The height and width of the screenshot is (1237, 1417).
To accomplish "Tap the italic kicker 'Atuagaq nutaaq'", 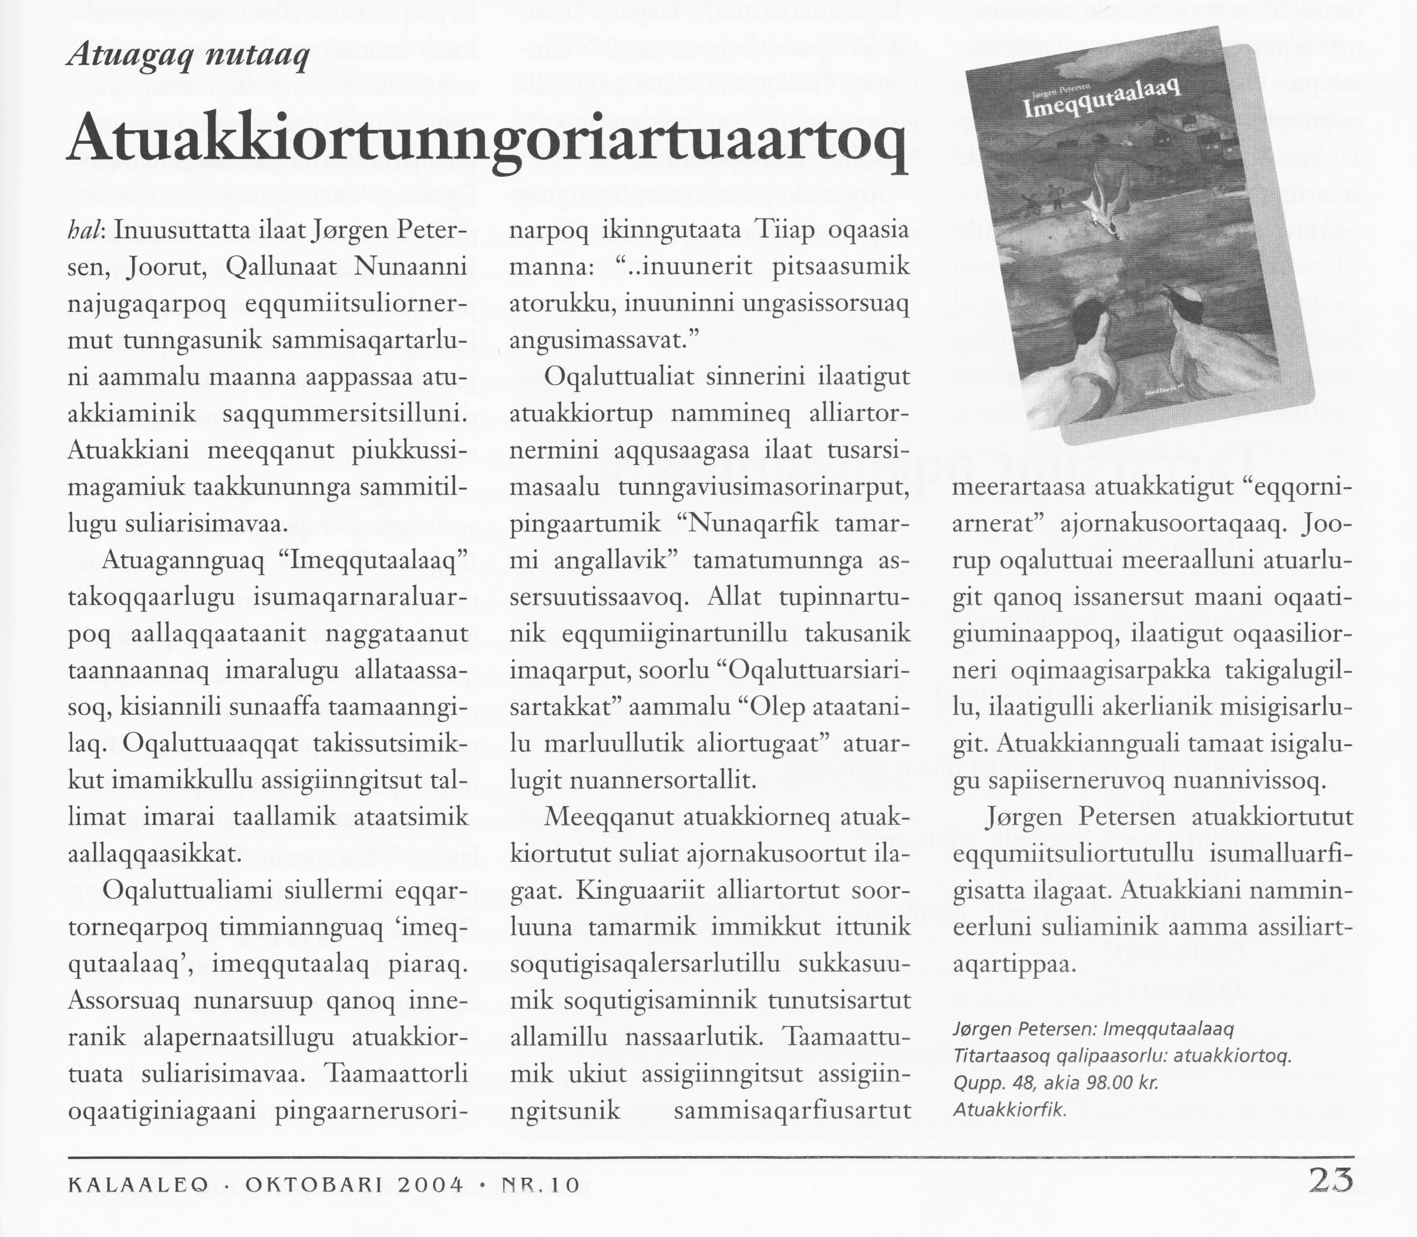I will [x=187, y=55].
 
